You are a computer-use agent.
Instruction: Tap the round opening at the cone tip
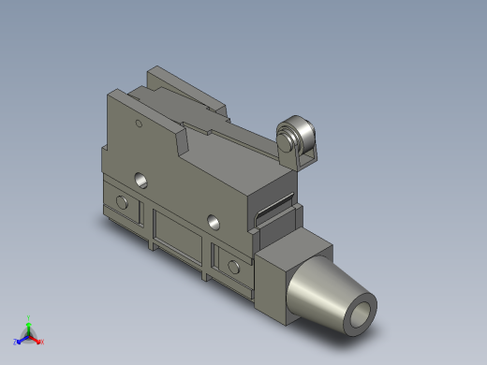[360, 316]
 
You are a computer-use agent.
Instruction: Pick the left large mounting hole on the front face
[141, 178]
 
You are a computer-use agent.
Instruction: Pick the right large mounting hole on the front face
[214, 222]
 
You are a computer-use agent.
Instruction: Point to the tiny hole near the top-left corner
[138, 121]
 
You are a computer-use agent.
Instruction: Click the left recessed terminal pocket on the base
[120, 202]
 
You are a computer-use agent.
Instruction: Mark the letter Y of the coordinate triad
[30, 316]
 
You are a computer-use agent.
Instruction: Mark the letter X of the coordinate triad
[42, 341]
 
